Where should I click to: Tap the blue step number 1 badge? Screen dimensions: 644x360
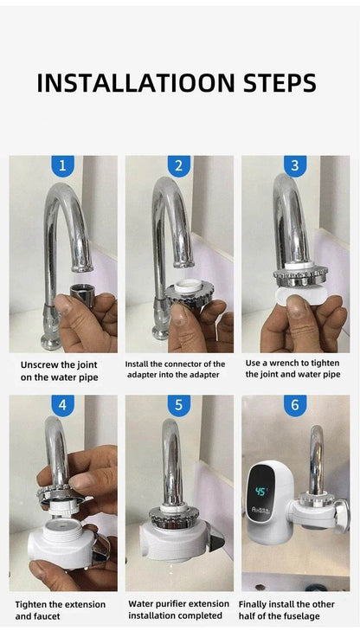(x=62, y=165)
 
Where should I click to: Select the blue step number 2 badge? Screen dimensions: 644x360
(x=179, y=165)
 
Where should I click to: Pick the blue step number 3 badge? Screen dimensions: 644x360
(x=295, y=165)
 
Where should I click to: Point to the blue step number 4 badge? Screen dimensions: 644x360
(x=62, y=405)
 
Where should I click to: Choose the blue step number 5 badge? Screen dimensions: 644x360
(x=179, y=405)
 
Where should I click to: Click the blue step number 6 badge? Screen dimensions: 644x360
(x=295, y=405)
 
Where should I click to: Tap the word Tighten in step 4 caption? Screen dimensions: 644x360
(x=35, y=604)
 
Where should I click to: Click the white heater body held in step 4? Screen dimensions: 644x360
(x=61, y=544)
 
